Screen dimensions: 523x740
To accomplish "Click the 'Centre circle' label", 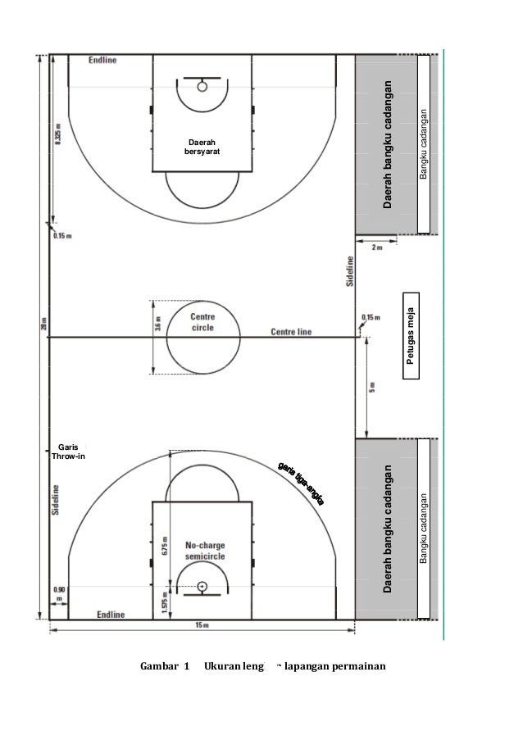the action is (x=203, y=322).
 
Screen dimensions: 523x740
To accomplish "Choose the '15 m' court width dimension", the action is (x=202, y=625).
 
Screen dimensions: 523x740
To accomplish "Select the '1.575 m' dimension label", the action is (x=164, y=602).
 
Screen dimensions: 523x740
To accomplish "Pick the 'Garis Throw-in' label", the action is (x=67, y=451).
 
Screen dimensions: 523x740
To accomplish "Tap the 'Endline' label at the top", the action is (x=102, y=60).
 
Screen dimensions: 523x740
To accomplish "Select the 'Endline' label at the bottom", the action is (x=111, y=614).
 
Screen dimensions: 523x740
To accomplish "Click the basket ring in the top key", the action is (x=201, y=84).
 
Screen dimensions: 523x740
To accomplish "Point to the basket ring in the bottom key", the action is (x=201, y=586).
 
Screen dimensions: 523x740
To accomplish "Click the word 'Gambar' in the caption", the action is (x=161, y=664).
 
